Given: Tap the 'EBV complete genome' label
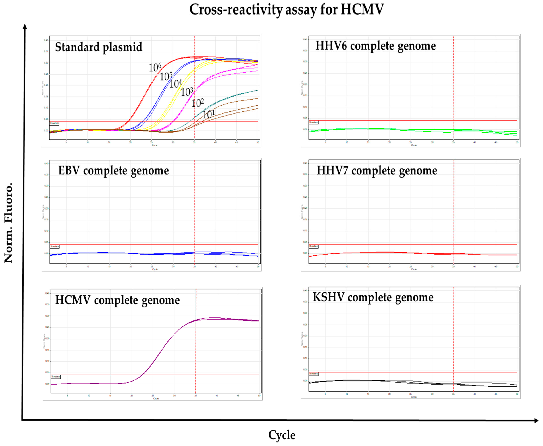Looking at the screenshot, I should (x=114, y=171).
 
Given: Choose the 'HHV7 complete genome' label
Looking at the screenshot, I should (x=377, y=171).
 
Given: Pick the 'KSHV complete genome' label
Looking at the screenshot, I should (x=373, y=297).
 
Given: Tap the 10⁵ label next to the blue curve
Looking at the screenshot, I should (x=166, y=76).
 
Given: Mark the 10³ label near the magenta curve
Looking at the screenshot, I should (x=187, y=92).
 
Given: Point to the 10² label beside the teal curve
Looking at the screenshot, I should (x=198, y=103).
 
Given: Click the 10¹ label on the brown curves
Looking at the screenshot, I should (x=208, y=114).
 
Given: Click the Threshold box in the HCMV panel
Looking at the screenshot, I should (x=56, y=377).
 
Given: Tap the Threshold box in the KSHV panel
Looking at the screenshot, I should (x=313, y=374).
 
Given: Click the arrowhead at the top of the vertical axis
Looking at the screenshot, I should (x=25, y=26).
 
